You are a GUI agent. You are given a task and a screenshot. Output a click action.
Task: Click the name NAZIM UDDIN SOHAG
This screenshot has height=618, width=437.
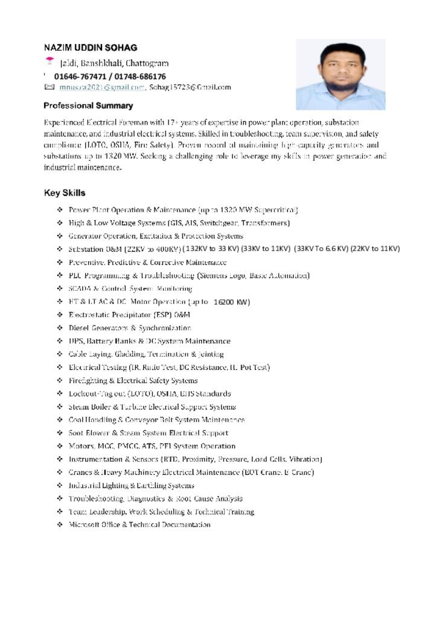91,48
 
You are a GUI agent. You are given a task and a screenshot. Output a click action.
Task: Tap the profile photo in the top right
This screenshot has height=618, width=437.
340,74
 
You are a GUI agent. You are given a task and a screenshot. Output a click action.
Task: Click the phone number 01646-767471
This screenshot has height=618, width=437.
78,77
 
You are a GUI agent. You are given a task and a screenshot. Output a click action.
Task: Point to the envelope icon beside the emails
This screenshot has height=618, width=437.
49,88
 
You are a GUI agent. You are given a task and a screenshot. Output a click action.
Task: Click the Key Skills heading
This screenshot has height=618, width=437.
65,193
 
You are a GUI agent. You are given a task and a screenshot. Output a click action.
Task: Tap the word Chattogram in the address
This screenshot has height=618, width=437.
147,63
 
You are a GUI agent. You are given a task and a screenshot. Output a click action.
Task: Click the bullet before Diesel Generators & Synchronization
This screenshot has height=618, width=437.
60,328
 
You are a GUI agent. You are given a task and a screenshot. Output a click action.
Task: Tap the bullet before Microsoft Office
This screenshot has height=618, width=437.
60,524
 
